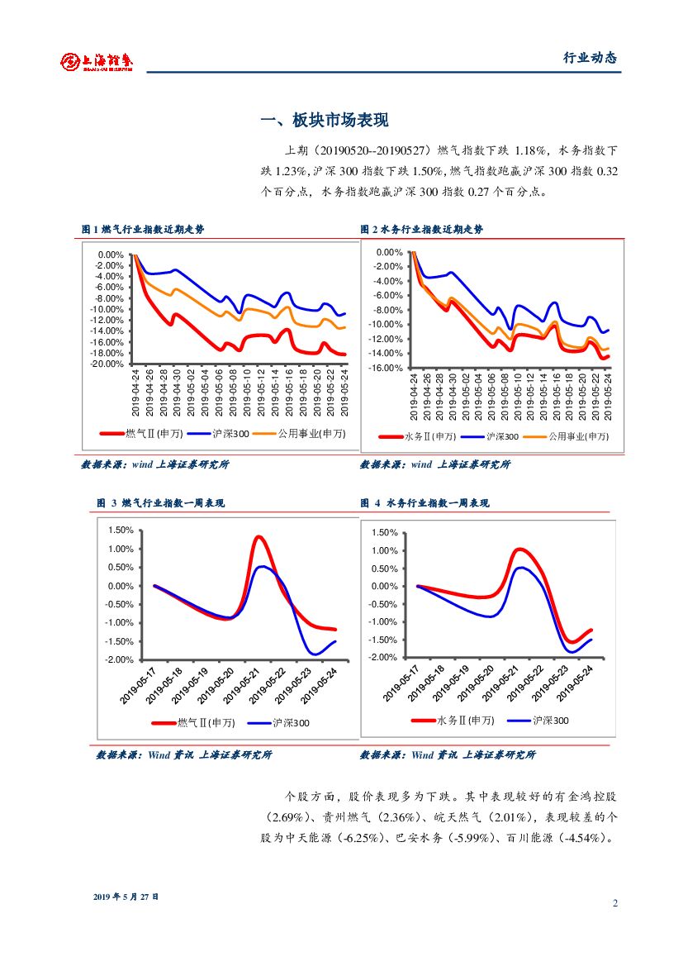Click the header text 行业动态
pyautogui.click(x=590, y=58)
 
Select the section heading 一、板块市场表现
pyautogui.click(x=324, y=121)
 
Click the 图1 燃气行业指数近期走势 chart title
pyautogui.click(x=142, y=230)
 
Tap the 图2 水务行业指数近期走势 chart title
pyautogui.click(x=421, y=230)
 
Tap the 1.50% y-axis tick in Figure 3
pyautogui.click(x=121, y=531)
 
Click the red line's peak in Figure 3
pyautogui.click(x=258, y=537)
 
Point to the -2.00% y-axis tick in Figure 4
pyautogui.click(x=384, y=658)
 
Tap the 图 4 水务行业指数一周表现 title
pyautogui.click(x=425, y=502)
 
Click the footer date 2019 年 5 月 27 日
pyautogui.click(x=126, y=897)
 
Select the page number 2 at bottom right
pyautogui.click(x=614, y=902)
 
